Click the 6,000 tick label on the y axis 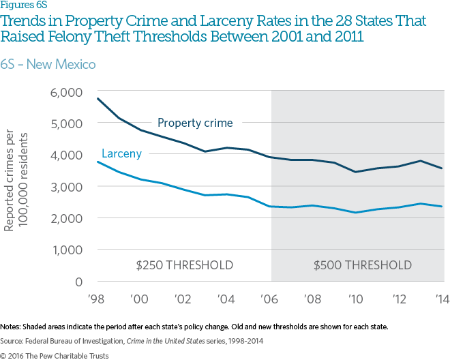(67, 92)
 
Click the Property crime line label (195, 123)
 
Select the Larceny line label (121, 154)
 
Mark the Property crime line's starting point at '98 (97, 98)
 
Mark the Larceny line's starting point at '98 (97, 162)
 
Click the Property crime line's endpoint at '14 (442, 168)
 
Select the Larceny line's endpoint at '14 (442, 207)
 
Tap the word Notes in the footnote (12, 327)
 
